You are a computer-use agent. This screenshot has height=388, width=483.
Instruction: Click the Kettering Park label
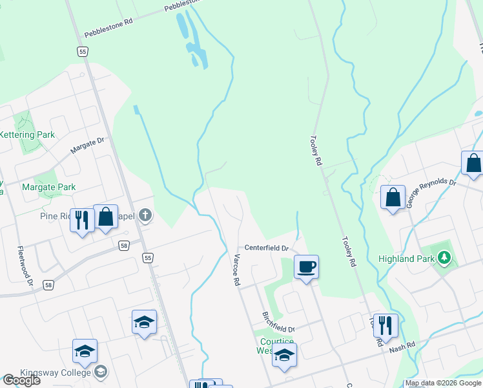click(x=27, y=135)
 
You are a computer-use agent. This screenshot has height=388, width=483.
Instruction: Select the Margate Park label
click(x=48, y=188)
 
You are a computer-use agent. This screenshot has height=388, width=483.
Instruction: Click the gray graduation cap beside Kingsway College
click(x=101, y=371)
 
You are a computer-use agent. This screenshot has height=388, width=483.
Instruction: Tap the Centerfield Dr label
click(x=265, y=248)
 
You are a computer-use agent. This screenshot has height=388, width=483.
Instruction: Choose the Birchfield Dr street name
click(x=278, y=320)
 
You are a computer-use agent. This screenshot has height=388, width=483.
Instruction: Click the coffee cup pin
click(x=306, y=266)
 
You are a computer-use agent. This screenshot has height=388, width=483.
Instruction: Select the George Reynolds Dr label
click(x=431, y=192)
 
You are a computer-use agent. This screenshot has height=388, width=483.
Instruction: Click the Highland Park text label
click(x=406, y=259)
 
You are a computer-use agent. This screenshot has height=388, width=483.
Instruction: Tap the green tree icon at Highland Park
click(x=444, y=258)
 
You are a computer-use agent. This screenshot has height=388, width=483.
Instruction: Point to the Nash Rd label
click(x=402, y=349)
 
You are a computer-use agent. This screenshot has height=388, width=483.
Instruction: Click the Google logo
click(x=21, y=380)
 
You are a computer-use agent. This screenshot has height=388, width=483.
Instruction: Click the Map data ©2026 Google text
click(x=443, y=383)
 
